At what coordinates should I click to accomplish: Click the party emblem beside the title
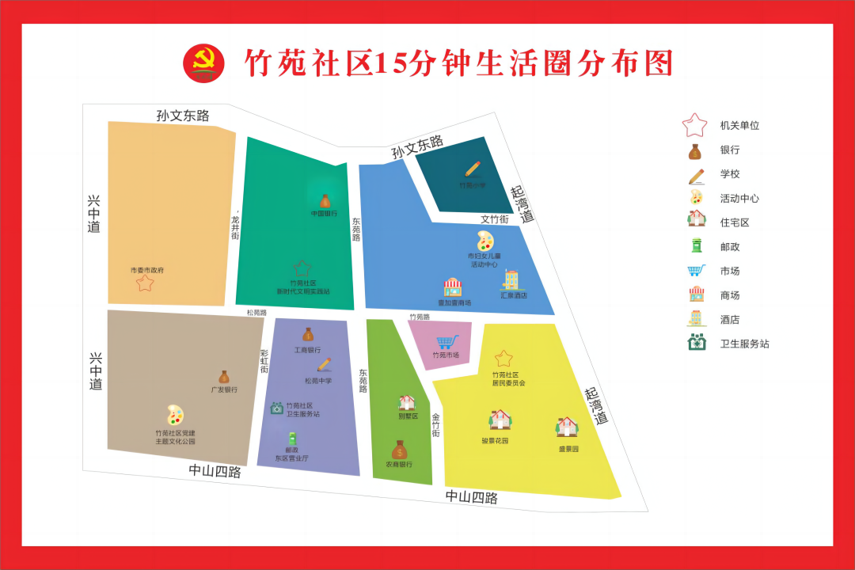(203, 63)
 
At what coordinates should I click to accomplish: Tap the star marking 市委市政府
(145, 283)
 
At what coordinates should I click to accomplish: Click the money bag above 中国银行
(325, 201)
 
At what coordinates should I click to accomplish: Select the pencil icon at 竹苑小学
(473, 169)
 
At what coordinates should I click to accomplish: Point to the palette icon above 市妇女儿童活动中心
(484, 241)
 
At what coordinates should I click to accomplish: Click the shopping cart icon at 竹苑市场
(447, 342)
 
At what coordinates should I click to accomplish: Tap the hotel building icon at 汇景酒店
(511, 280)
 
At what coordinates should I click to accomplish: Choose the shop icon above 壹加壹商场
(452, 287)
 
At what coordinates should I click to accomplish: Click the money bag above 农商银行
(400, 450)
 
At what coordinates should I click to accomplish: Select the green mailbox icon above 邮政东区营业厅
(292, 438)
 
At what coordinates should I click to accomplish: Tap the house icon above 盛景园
(567, 427)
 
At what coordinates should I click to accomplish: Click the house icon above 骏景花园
(500, 420)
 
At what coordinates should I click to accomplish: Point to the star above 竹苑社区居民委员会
(504, 359)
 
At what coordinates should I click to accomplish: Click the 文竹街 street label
(495, 218)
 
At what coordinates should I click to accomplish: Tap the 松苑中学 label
(318, 381)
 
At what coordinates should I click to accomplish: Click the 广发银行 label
(224, 389)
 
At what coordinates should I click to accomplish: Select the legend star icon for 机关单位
(694, 125)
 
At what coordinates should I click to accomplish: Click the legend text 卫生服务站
(744, 344)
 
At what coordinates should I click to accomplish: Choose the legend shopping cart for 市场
(696, 271)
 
